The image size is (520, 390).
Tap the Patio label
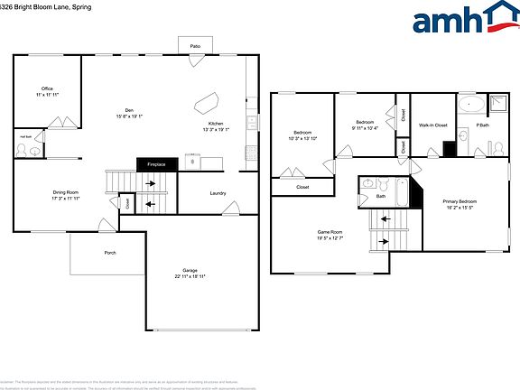(x=195, y=45)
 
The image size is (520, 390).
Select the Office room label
(x=46, y=88)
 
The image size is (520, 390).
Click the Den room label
(x=129, y=111)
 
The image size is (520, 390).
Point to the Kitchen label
(x=216, y=124)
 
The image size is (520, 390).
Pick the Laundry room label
(x=218, y=193)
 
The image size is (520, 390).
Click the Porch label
(x=110, y=252)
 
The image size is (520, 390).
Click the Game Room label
(x=330, y=232)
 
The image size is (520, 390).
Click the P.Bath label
(x=483, y=125)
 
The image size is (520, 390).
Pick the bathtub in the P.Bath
(x=470, y=105)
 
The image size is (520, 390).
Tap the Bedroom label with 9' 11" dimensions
(x=365, y=122)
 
